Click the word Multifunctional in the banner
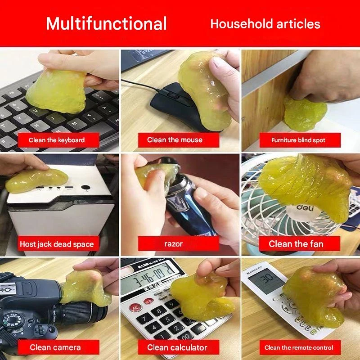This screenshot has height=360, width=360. point(106,23)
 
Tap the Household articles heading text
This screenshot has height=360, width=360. point(265,24)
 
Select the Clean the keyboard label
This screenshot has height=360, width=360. point(58,140)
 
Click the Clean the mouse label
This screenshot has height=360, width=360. point(179,140)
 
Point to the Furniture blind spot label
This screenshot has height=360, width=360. point(300,140)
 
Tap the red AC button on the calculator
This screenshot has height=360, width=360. point(135,307)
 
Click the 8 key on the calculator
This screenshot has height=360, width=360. point(159,311)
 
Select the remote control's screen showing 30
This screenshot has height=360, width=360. point(266,279)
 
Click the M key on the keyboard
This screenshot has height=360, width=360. point(75,123)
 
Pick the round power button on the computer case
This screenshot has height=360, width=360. point(85,187)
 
